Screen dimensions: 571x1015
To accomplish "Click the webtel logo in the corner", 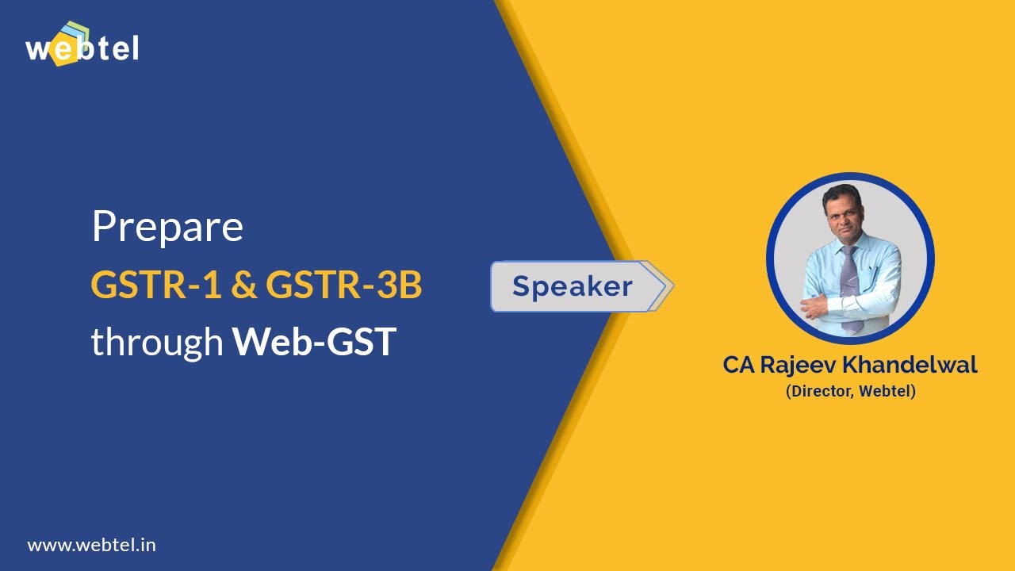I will click(x=82, y=45).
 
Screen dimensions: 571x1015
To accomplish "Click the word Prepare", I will click(x=167, y=228).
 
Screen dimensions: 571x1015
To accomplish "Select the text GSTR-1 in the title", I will click(x=155, y=285).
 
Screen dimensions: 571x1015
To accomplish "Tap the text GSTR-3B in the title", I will click(x=343, y=285).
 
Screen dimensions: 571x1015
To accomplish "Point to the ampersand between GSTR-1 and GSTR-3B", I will click(x=243, y=286).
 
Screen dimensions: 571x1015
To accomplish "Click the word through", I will click(x=156, y=343).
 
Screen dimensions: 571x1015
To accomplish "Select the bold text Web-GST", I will click(x=314, y=343).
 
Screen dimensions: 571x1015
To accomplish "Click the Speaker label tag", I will click(x=572, y=286).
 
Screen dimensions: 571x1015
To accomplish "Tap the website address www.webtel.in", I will click(x=91, y=546).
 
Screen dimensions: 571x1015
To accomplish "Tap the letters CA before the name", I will click(x=738, y=366).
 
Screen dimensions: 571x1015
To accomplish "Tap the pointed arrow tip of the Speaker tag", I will click(x=668, y=286).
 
